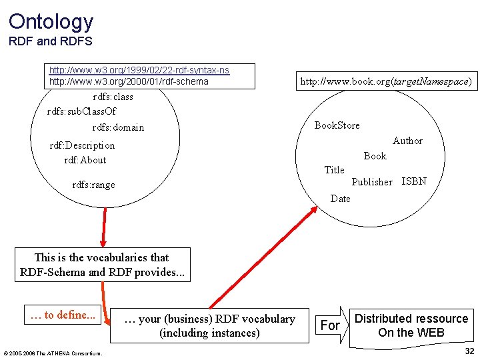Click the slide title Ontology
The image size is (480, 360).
tap(51, 21)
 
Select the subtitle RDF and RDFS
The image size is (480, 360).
tap(51, 42)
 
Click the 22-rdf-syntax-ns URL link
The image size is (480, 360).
tap(139, 70)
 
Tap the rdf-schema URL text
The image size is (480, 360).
tap(129, 81)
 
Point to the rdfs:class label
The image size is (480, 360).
tap(113, 97)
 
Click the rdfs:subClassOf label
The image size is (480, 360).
tap(81, 111)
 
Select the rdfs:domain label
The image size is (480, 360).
tap(118, 127)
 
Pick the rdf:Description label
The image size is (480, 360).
tap(82, 145)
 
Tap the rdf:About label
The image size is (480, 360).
tap(85, 160)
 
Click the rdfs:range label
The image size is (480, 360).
tap(93, 185)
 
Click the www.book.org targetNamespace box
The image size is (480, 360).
tap(385, 82)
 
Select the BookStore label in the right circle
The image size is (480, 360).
tap(337, 125)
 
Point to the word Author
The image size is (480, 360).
tap(407, 141)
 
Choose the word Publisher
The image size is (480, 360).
tap(372, 182)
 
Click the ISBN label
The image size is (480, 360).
tap(414, 181)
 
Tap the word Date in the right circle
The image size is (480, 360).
tap(340, 198)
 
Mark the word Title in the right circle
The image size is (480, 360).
tap(334, 170)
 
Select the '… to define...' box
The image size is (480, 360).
tap(63, 315)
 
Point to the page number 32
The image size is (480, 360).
tap(469, 351)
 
